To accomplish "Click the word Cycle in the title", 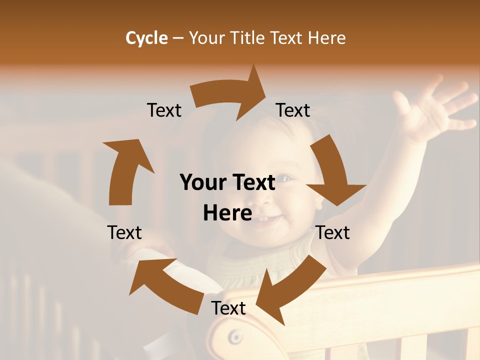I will click(146, 38).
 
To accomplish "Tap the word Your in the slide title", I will click(206, 38).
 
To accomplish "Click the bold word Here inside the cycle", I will click(227, 213).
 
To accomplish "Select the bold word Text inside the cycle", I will click(253, 182).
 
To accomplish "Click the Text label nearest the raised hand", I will click(293, 110).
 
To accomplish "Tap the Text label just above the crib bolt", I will click(228, 308).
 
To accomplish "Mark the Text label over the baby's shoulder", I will click(332, 232).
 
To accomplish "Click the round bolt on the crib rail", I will click(234, 337).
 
